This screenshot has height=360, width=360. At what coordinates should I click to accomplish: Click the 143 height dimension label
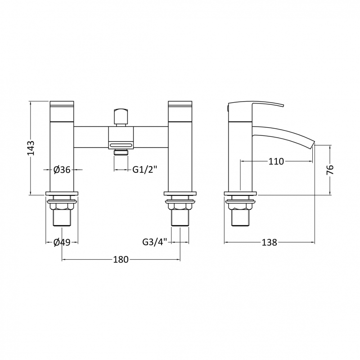(x=31, y=148)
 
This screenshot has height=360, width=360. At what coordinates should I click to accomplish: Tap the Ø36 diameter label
(x=62, y=170)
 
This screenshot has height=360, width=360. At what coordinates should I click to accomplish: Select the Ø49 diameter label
(x=62, y=242)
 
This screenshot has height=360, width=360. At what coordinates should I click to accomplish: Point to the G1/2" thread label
(x=144, y=170)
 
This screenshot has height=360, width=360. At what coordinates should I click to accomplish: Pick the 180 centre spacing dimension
(x=121, y=260)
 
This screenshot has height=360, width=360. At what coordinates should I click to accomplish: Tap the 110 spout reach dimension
(x=276, y=162)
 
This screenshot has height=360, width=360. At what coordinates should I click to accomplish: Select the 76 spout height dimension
(x=330, y=170)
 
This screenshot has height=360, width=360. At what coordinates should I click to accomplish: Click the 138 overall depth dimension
(x=270, y=242)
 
